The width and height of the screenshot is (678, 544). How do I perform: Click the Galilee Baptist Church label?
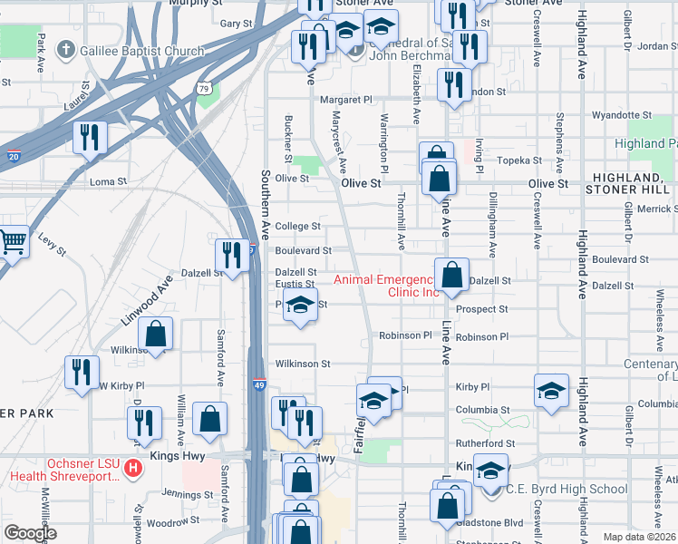(x=141, y=51)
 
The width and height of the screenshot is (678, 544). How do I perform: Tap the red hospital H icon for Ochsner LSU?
(x=133, y=469)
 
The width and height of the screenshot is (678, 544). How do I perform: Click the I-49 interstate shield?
(x=258, y=384)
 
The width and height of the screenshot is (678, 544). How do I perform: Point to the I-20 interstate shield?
(x=14, y=157)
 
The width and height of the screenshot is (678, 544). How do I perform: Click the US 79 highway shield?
(x=206, y=88)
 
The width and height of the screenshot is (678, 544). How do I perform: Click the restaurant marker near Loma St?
(x=90, y=137)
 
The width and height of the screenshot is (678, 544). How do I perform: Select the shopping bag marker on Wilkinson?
(x=156, y=333)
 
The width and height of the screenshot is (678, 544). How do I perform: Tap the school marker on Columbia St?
(x=551, y=390)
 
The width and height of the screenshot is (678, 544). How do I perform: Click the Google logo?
(x=30, y=533)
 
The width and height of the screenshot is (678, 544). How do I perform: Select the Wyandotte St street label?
(x=622, y=116)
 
